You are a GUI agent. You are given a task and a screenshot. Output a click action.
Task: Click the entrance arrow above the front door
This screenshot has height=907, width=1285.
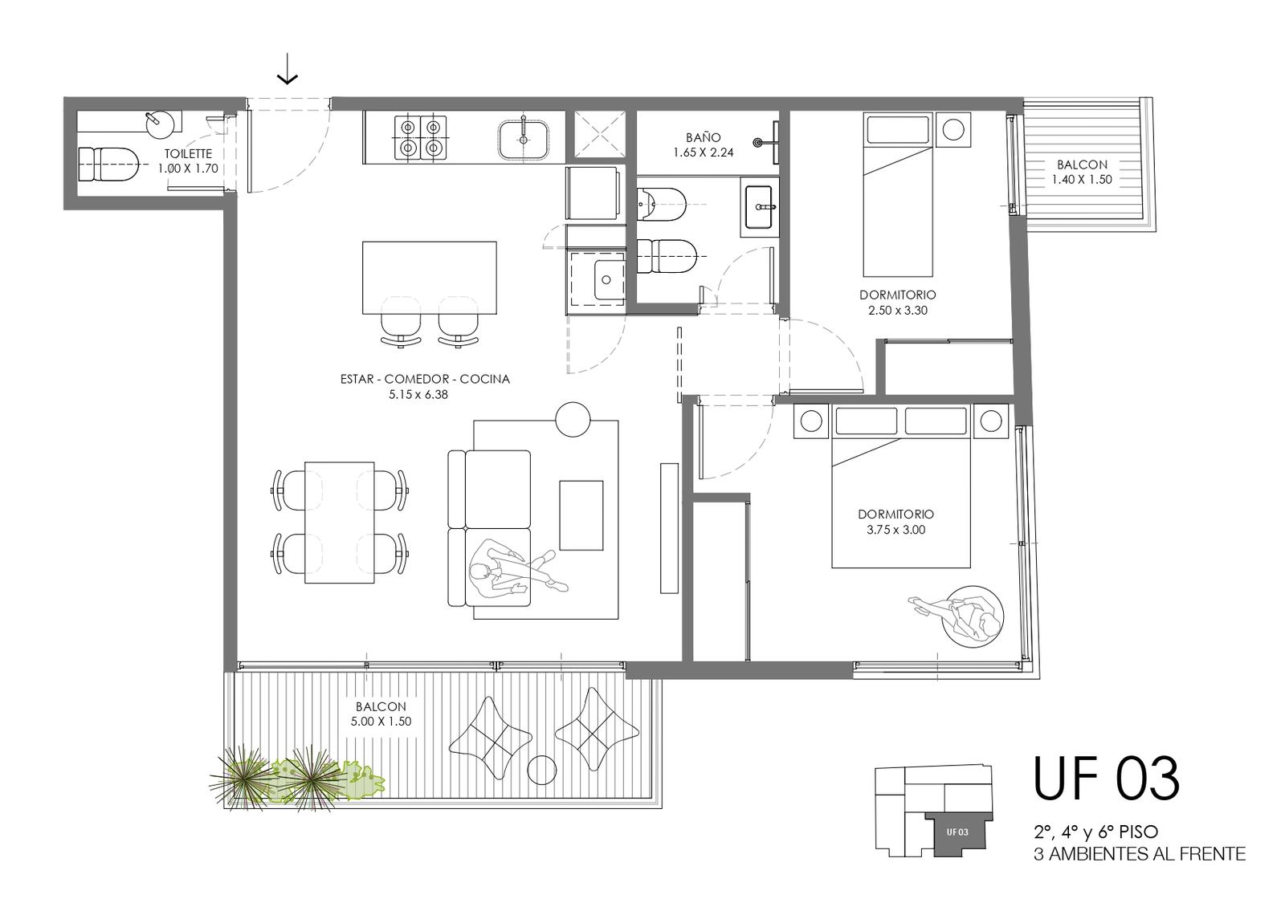click(x=287, y=70)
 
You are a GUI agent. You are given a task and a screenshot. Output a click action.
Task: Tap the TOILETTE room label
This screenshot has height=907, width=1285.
click(x=188, y=153)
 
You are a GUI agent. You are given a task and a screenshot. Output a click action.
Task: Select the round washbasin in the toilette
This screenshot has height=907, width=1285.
click(x=159, y=125)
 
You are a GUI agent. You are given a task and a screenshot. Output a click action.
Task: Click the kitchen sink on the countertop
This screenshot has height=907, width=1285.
click(x=523, y=140)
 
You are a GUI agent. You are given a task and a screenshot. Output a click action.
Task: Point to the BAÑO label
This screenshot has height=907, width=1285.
click(x=704, y=137)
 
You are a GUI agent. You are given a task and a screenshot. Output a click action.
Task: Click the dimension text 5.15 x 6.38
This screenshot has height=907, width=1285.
click(x=418, y=394)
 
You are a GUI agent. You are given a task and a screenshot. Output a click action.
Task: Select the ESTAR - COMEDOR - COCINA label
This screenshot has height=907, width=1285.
click(x=425, y=379)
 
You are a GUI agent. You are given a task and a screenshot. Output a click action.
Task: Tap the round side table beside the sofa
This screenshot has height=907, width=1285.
click(x=573, y=419)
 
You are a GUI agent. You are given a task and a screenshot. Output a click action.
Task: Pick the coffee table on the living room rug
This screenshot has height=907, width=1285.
click(x=581, y=515)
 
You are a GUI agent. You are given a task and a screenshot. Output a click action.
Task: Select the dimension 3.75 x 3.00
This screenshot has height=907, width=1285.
click(x=896, y=530)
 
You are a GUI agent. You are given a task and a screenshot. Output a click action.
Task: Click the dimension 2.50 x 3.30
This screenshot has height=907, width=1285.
click(x=898, y=310)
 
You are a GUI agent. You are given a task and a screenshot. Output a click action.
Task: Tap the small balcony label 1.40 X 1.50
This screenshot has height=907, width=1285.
click(x=1082, y=180)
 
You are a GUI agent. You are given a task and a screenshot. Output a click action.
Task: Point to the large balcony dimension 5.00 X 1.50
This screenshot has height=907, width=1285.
click(x=381, y=722)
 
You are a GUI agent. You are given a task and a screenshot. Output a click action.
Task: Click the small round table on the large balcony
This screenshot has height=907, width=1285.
click(x=541, y=770)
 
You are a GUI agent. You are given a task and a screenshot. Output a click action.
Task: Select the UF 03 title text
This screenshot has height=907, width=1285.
click(x=1107, y=778)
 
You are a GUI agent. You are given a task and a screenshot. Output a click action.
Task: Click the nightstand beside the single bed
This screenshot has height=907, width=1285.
click(x=953, y=129)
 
